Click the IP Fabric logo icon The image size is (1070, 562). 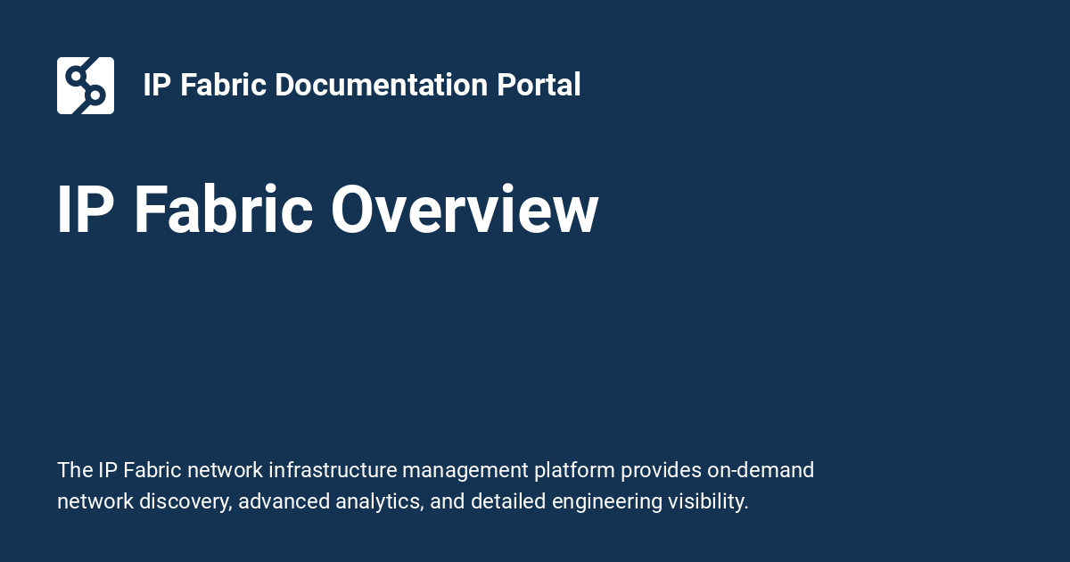click(86, 86)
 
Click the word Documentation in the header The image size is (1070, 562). click(381, 85)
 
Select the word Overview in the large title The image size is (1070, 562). click(465, 211)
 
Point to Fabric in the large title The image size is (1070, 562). click(224, 211)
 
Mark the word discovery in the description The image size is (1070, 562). click(186, 501)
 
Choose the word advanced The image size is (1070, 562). click(284, 501)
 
